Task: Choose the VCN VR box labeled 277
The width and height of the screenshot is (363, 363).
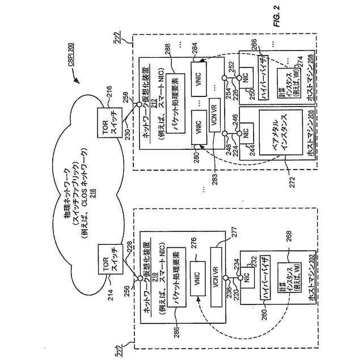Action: pyautogui.click(x=215, y=266)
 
